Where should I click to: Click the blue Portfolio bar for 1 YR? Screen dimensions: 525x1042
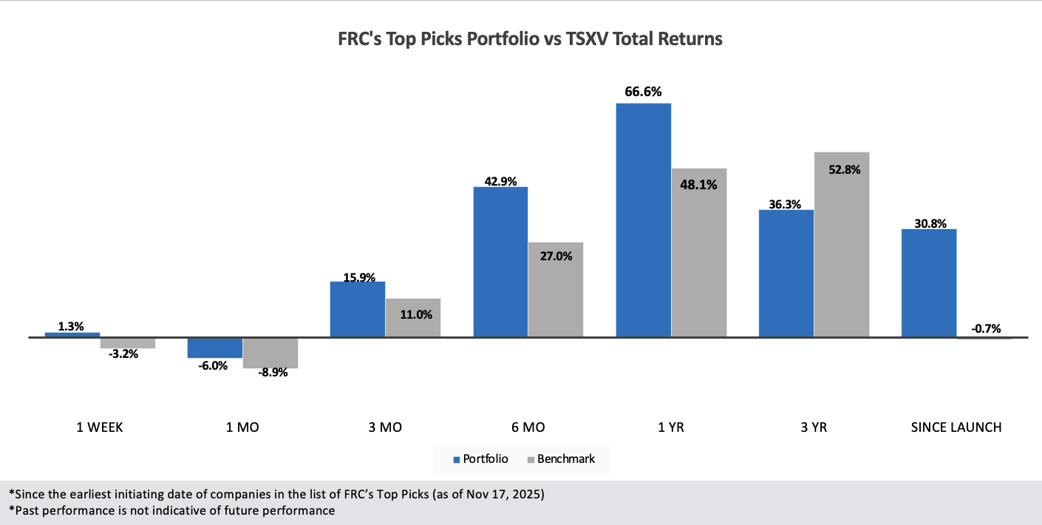[643, 220]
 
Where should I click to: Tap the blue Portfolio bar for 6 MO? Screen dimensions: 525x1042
[500, 262]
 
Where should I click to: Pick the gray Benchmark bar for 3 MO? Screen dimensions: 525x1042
[413, 318]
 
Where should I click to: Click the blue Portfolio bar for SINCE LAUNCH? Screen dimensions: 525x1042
[929, 282]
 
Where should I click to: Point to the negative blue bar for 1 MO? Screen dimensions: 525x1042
[215, 348]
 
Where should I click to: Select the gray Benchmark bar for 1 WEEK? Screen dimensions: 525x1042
[128, 343]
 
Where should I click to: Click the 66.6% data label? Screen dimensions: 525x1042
[643, 92]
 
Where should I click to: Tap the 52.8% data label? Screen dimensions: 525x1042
[842, 169]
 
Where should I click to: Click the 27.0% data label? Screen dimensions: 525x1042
[556, 256]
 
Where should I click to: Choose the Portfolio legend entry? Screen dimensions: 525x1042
[481, 459]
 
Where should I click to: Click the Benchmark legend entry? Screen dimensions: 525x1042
[561, 459]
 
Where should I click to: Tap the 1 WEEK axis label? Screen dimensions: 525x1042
[101, 427]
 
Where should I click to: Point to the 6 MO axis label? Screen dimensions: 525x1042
[528, 427]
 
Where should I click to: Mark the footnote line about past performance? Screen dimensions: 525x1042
[172, 510]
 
